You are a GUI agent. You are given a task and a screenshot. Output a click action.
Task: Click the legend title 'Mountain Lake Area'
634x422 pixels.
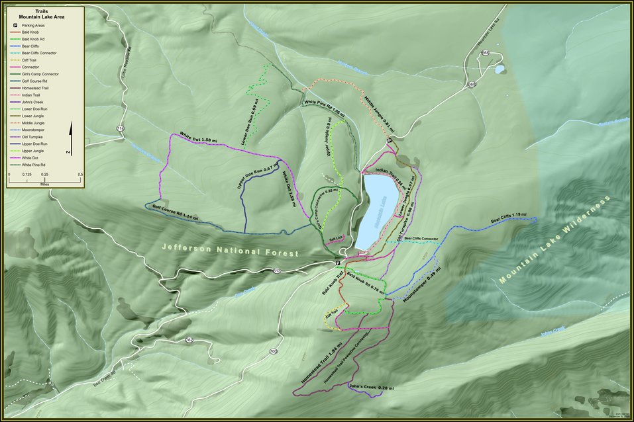pyautogui.click(x=46, y=16)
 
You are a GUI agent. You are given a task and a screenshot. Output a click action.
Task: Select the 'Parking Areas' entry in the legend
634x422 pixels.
pyautogui.click(x=33, y=24)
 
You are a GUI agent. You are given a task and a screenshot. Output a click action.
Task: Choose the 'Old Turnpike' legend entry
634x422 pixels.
pyautogui.click(x=33, y=137)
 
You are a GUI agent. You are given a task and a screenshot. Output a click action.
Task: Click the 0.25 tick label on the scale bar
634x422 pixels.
pyautogui.click(x=44, y=175)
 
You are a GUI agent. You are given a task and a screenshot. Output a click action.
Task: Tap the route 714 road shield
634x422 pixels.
pyautogui.click(x=120, y=128)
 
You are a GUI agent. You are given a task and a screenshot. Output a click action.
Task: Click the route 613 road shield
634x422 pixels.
pyautogui.click(x=276, y=271)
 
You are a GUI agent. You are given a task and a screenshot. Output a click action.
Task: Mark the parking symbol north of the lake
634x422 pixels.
pyautogui.click(x=390, y=141)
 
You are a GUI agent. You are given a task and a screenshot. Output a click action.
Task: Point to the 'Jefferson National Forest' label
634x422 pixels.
pyautogui.click(x=230, y=251)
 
